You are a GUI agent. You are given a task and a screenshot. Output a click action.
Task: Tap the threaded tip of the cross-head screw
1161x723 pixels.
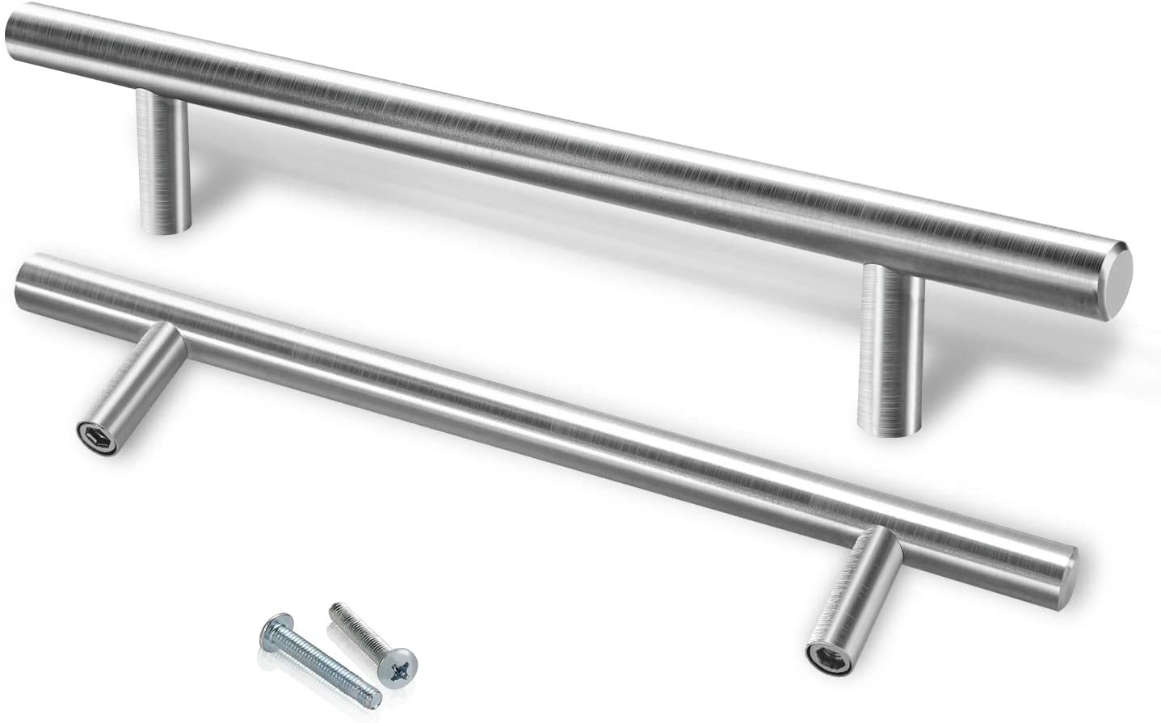click(x=334, y=612)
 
